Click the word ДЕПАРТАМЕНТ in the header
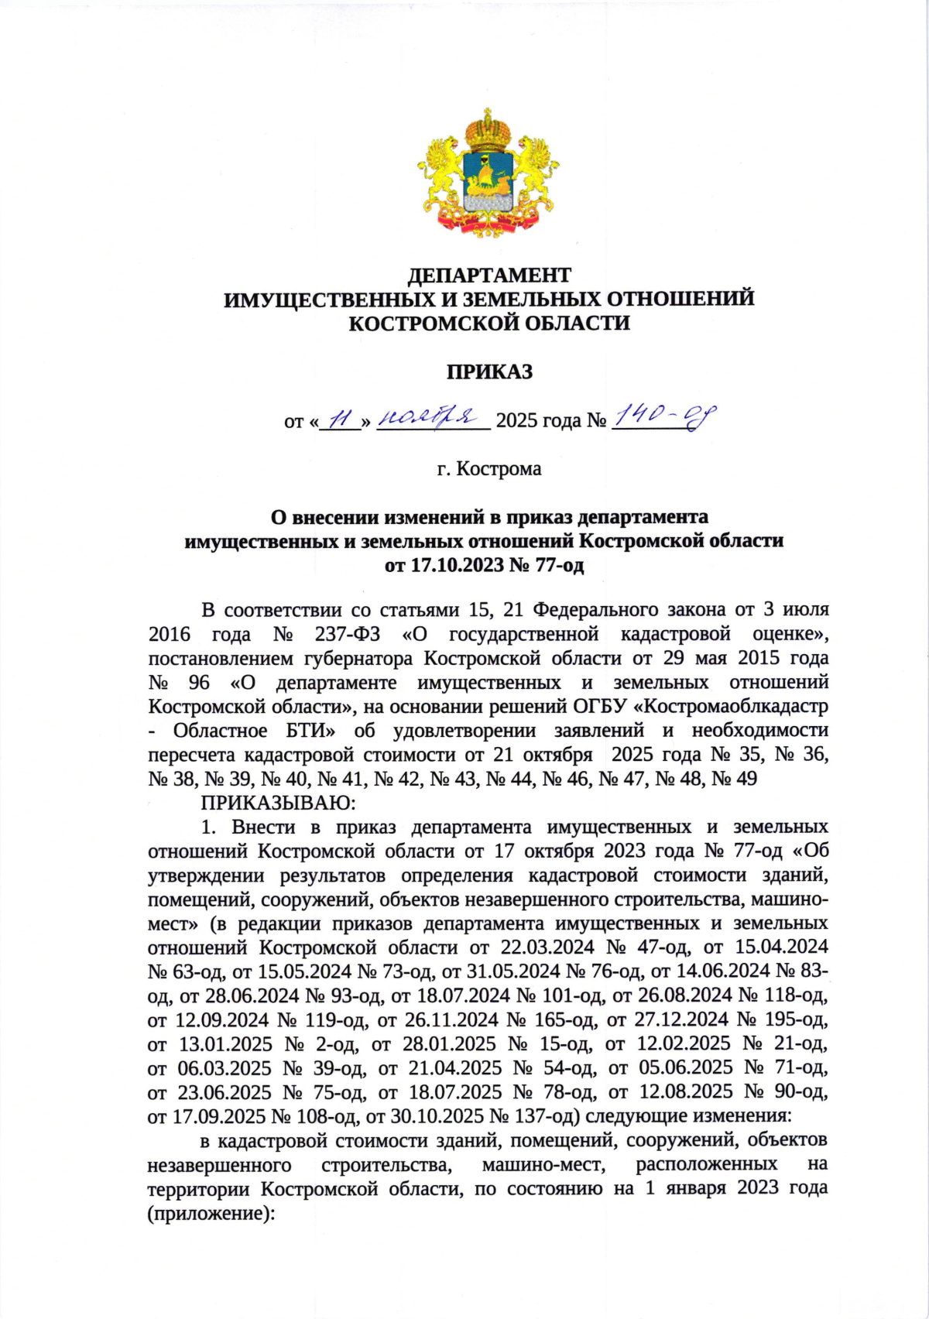click(488, 275)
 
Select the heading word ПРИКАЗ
click(488, 372)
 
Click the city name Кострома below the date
click(499, 469)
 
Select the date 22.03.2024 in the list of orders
click(547, 947)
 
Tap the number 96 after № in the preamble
click(199, 682)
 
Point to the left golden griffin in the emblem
click(440, 175)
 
